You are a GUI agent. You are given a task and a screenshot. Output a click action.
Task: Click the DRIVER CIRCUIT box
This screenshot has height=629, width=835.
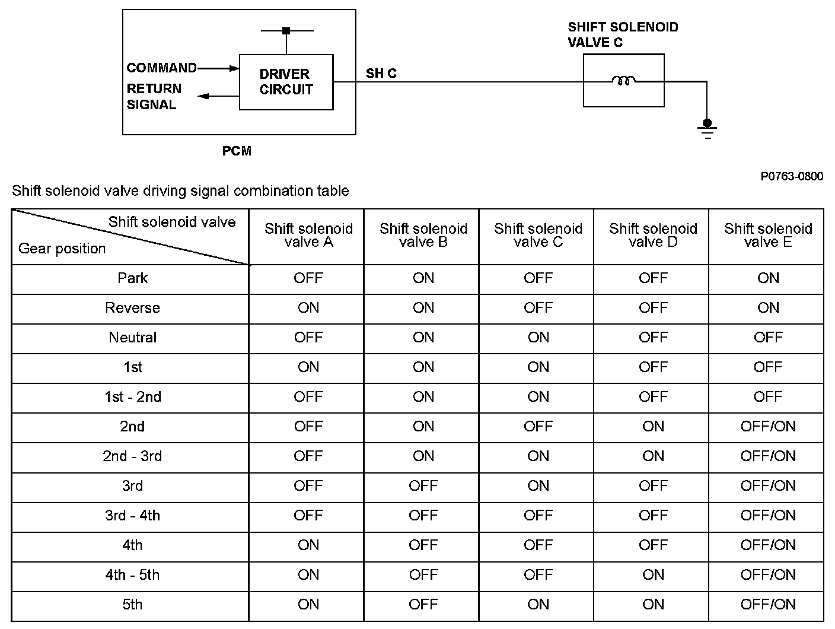tap(286, 82)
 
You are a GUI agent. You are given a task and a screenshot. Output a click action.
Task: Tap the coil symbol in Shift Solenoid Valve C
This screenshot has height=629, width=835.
tap(623, 80)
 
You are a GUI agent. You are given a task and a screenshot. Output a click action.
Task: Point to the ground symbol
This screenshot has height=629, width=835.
tap(707, 128)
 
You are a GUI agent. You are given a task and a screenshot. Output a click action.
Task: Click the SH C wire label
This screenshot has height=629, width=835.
tap(381, 73)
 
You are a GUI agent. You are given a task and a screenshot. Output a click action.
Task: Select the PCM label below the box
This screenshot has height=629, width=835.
tap(237, 151)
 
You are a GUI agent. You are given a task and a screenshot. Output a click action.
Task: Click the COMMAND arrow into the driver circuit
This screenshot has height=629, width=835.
tap(218, 68)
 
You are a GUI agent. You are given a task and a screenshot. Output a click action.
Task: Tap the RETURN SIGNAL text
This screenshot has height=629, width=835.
tap(153, 97)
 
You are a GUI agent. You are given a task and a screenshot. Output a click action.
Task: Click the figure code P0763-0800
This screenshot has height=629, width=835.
tap(792, 176)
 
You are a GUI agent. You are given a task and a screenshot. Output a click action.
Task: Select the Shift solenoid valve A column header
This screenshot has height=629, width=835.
tap(308, 235)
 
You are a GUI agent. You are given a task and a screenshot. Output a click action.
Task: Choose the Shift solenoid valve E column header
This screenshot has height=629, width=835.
tap(768, 235)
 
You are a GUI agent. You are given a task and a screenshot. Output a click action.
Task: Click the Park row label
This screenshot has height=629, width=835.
tap(132, 278)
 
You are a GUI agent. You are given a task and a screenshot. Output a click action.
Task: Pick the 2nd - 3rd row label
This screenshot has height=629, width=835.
tap(132, 456)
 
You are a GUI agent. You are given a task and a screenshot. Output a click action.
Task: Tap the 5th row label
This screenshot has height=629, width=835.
tap(132, 605)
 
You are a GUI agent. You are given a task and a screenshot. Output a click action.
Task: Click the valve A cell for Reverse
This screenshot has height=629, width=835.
tap(308, 308)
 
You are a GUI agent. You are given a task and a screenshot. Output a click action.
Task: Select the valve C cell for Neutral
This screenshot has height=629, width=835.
tap(538, 338)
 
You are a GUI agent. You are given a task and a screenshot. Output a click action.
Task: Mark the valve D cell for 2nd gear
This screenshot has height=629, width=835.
tap(653, 427)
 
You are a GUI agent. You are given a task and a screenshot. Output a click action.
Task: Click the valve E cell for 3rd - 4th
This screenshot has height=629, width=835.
tap(768, 516)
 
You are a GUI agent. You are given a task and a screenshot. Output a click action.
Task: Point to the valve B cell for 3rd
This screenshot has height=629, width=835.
tap(423, 486)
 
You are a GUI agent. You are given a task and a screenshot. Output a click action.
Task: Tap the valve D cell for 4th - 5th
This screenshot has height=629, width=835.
tap(653, 575)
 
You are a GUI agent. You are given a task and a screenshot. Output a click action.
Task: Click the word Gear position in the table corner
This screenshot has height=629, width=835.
tap(62, 249)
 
